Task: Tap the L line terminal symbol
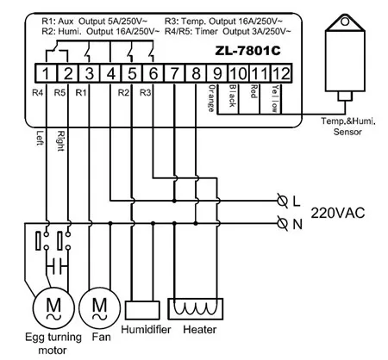point(283,201)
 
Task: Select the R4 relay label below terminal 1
point(36,90)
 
